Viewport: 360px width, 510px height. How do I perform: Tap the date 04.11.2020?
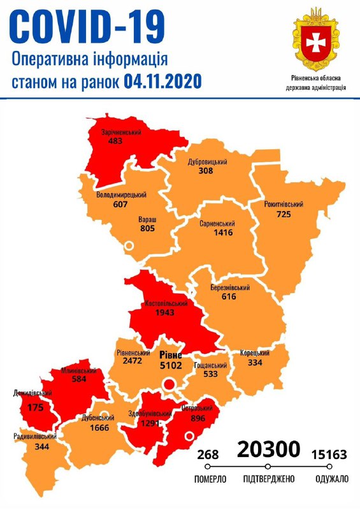tap(162, 82)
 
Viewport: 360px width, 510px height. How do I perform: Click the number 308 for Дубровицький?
tap(205, 171)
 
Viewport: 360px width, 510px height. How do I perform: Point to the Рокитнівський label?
tap(284, 205)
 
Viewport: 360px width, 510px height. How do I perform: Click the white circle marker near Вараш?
tap(129, 245)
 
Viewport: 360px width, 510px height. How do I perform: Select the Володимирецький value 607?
tap(120, 205)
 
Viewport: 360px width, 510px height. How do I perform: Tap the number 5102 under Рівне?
tap(170, 366)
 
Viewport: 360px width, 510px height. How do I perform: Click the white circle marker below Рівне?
tap(169, 384)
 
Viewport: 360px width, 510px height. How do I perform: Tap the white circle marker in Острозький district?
tap(189, 437)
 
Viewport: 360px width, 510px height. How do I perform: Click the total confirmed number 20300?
tap(268, 450)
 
